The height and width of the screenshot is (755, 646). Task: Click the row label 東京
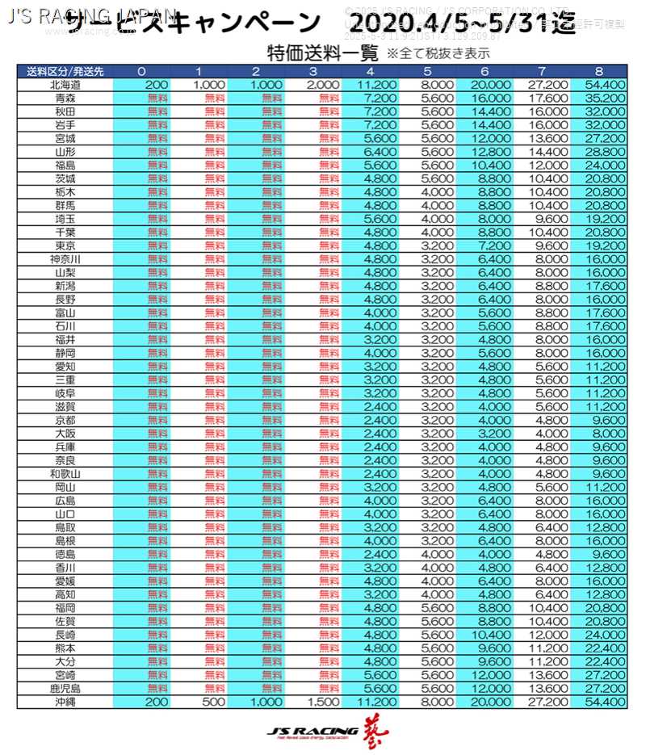pos(65,245)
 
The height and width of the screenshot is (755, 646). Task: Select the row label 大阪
pos(65,433)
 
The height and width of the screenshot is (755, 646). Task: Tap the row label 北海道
pos(65,84)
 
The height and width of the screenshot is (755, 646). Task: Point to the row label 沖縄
pos(65,703)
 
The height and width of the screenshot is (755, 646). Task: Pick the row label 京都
pos(65,420)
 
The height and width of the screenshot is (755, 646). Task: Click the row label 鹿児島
pos(65,689)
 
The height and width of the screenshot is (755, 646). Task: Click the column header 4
pos(370,71)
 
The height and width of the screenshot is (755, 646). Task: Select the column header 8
pos(598,71)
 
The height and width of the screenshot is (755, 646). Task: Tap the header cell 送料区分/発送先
pos(65,71)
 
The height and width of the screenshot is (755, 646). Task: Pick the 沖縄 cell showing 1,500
pos(323,703)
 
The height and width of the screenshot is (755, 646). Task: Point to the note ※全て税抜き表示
pos(438,54)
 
